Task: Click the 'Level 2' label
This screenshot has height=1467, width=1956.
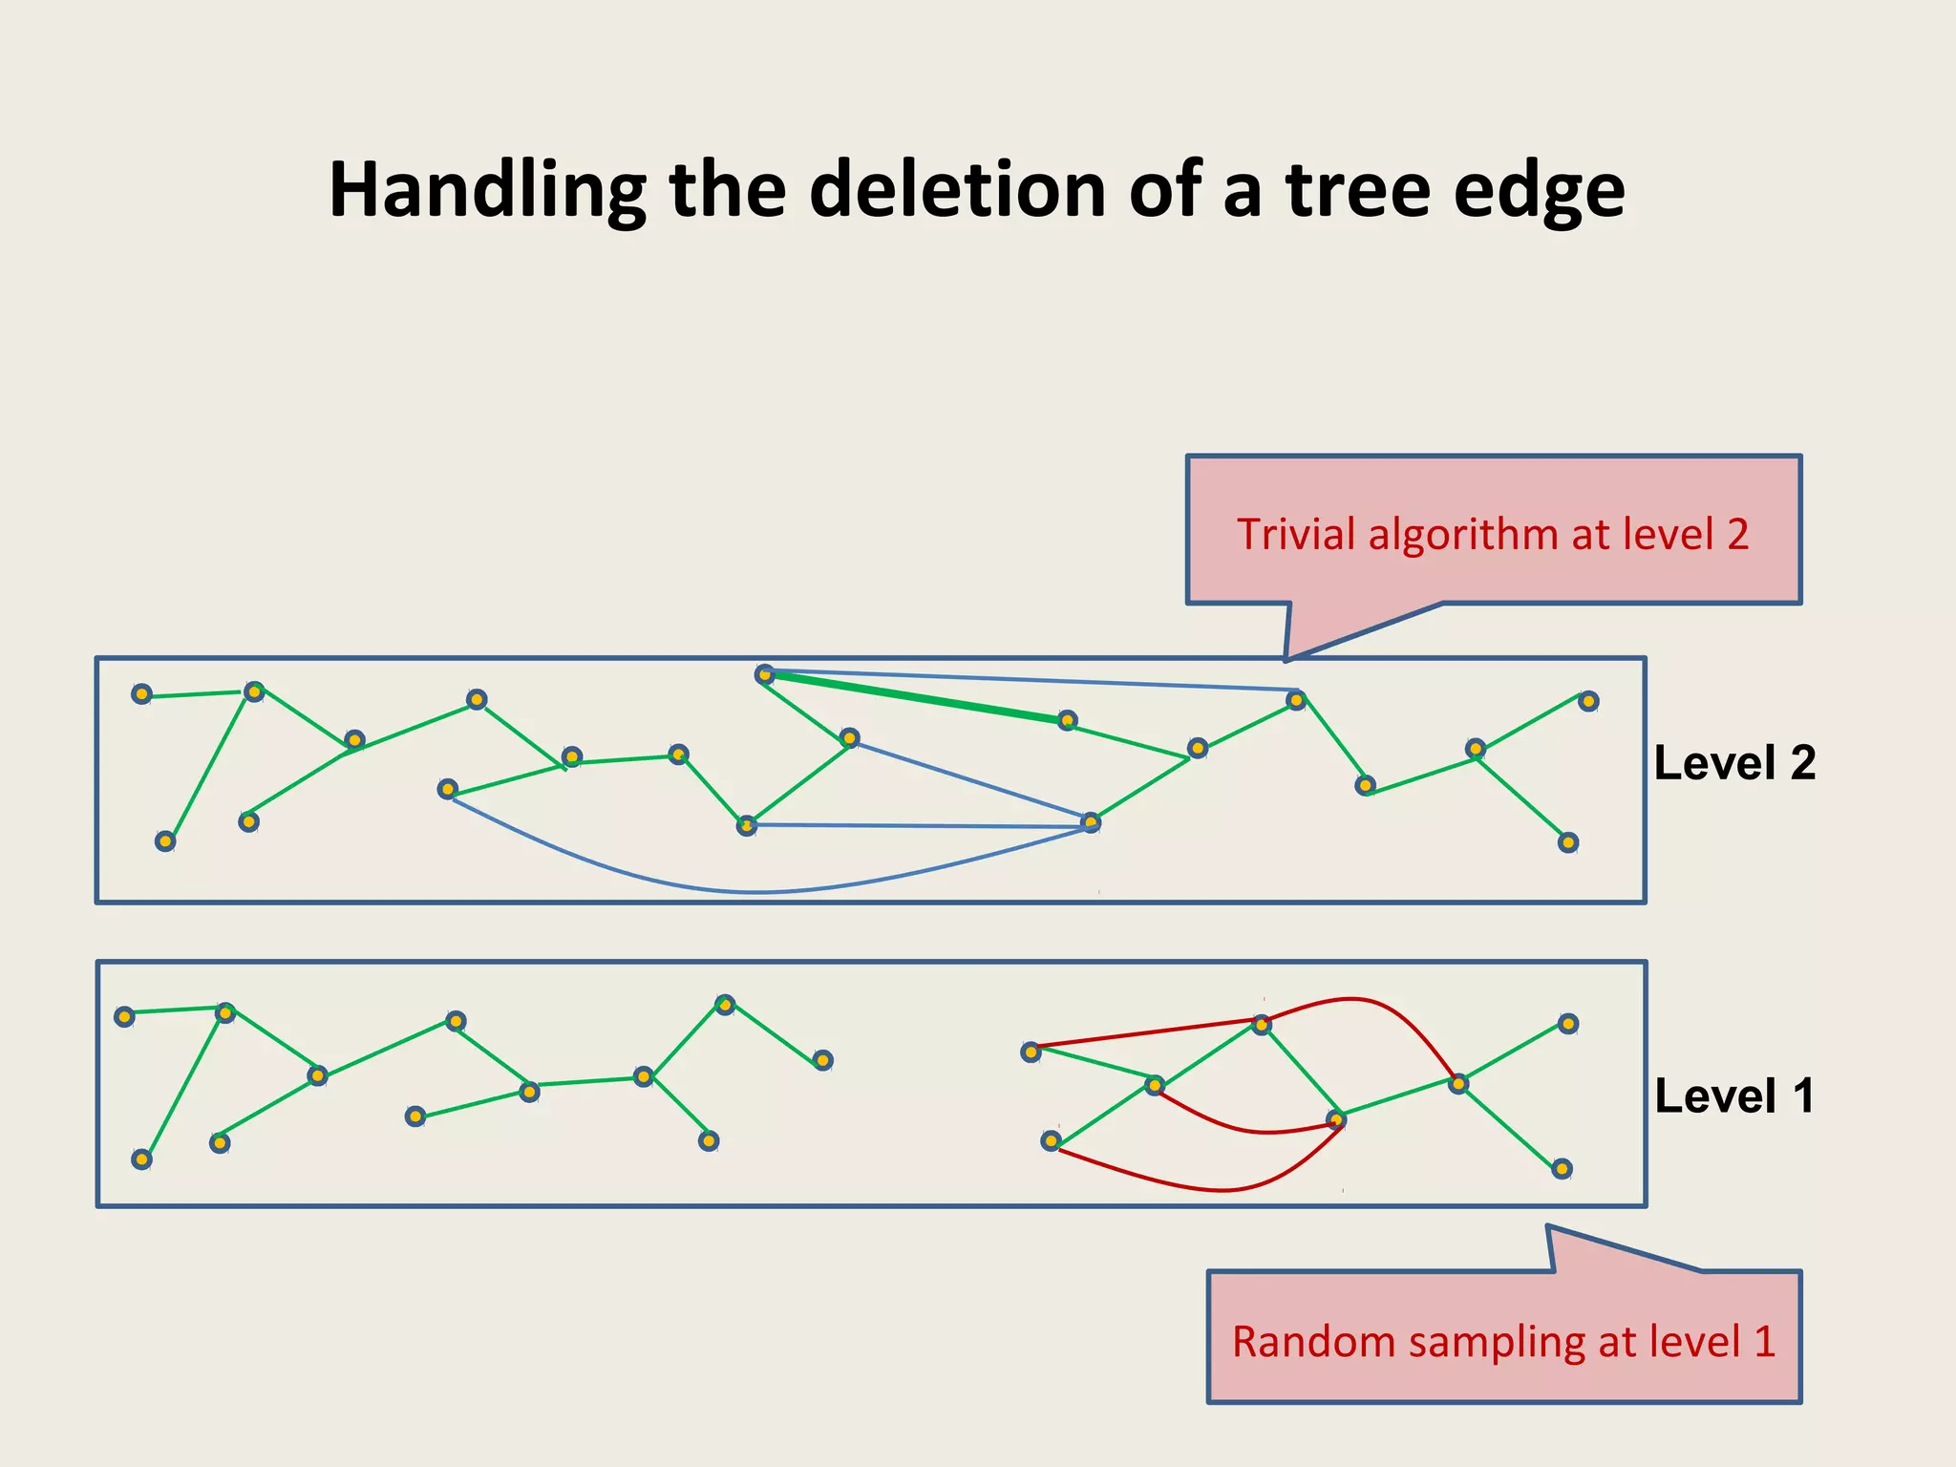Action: click(1734, 763)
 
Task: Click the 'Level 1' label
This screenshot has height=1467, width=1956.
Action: click(1734, 1095)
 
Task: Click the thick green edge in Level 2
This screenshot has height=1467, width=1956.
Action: click(917, 697)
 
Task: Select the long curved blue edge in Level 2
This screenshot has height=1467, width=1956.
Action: click(755, 892)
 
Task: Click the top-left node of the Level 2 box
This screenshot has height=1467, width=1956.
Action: click(141, 694)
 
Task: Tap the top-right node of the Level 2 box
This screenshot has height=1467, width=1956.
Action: click(1588, 701)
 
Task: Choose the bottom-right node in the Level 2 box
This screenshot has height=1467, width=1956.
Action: click(1568, 842)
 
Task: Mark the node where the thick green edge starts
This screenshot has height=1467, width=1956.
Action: click(765, 675)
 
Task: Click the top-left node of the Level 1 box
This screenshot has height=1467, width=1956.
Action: click(124, 1016)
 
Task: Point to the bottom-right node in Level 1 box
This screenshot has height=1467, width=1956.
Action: click(1562, 1169)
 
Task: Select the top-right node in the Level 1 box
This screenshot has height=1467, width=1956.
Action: click(1568, 1024)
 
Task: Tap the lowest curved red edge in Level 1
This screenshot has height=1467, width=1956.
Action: click(1222, 1190)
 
